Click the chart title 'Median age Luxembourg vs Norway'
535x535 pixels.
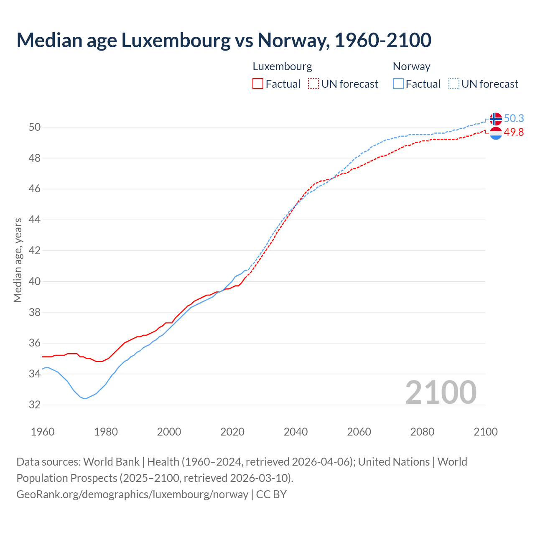tap(224, 41)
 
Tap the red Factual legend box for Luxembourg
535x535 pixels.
tap(258, 84)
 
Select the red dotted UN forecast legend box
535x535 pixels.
tap(313, 84)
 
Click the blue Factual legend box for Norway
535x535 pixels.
tap(398, 84)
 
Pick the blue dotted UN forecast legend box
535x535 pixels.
tap(454, 84)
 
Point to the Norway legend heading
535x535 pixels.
tap(411, 66)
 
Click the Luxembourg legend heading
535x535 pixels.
tap(282, 66)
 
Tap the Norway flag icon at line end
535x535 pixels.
tap(496, 119)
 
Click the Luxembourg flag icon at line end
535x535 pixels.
tap(496, 133)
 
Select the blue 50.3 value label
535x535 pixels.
tap(514, 118)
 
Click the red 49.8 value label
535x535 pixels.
tap(514, 132)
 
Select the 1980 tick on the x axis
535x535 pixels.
tap(106, 432)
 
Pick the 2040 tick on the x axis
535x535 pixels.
tap(296, 432)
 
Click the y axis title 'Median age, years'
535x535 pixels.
tap(18, 260)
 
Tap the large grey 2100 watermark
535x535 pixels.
tap(441, 392)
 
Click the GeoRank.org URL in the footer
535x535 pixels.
tap(132, 494)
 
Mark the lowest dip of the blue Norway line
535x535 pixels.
tap(85, 398)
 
